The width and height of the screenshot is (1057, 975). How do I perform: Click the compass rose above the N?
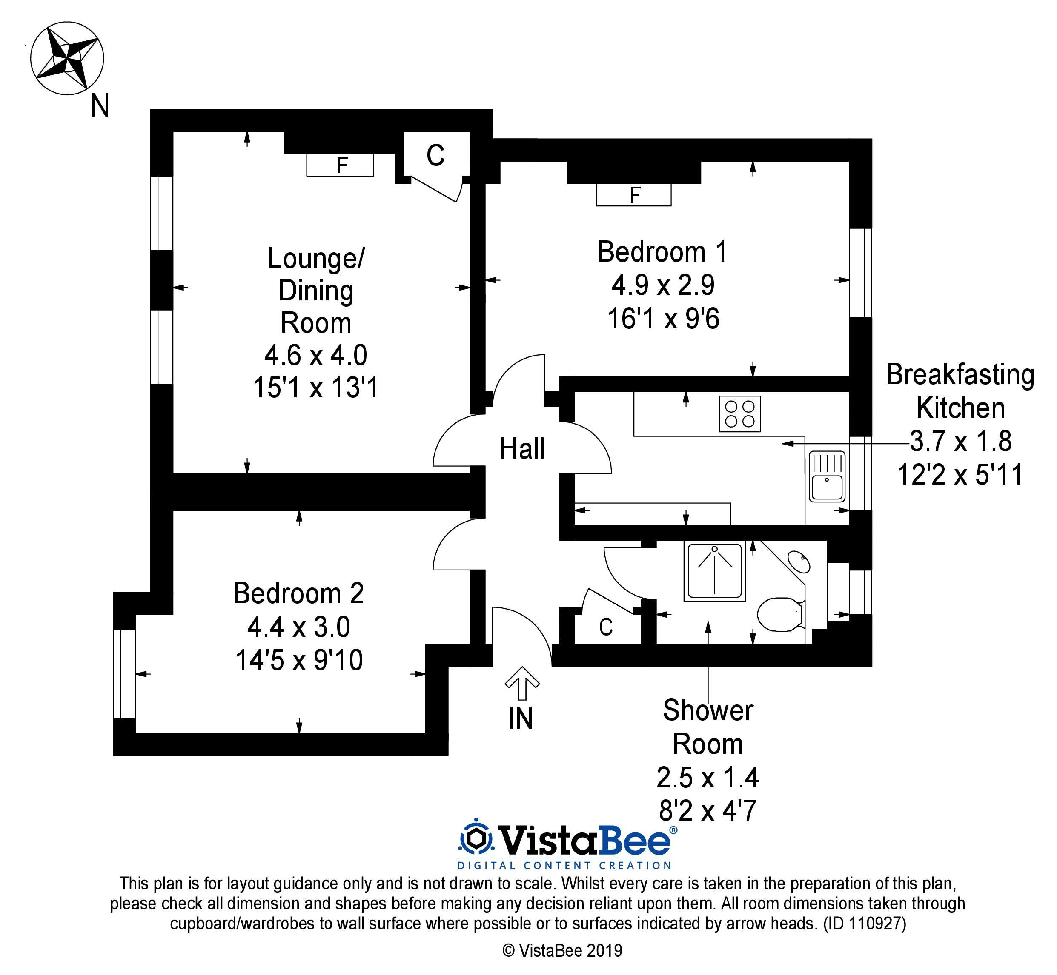coord(67,59)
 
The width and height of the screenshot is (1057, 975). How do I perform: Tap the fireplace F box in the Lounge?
coord(340,165)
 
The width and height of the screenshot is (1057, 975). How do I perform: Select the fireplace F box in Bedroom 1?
coord(633,195)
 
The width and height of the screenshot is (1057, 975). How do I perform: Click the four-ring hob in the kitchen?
coord(740,413)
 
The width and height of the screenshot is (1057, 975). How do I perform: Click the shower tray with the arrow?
coord(715,571)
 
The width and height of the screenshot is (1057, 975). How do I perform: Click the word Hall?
coord(521,449)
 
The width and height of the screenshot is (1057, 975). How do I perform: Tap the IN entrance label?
coord(521,718)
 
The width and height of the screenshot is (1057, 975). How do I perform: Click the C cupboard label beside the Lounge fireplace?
coord(435,156)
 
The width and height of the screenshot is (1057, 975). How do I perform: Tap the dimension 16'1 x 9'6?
coord(663,319)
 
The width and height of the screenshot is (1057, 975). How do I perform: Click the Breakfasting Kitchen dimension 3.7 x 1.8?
coord(960,441)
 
